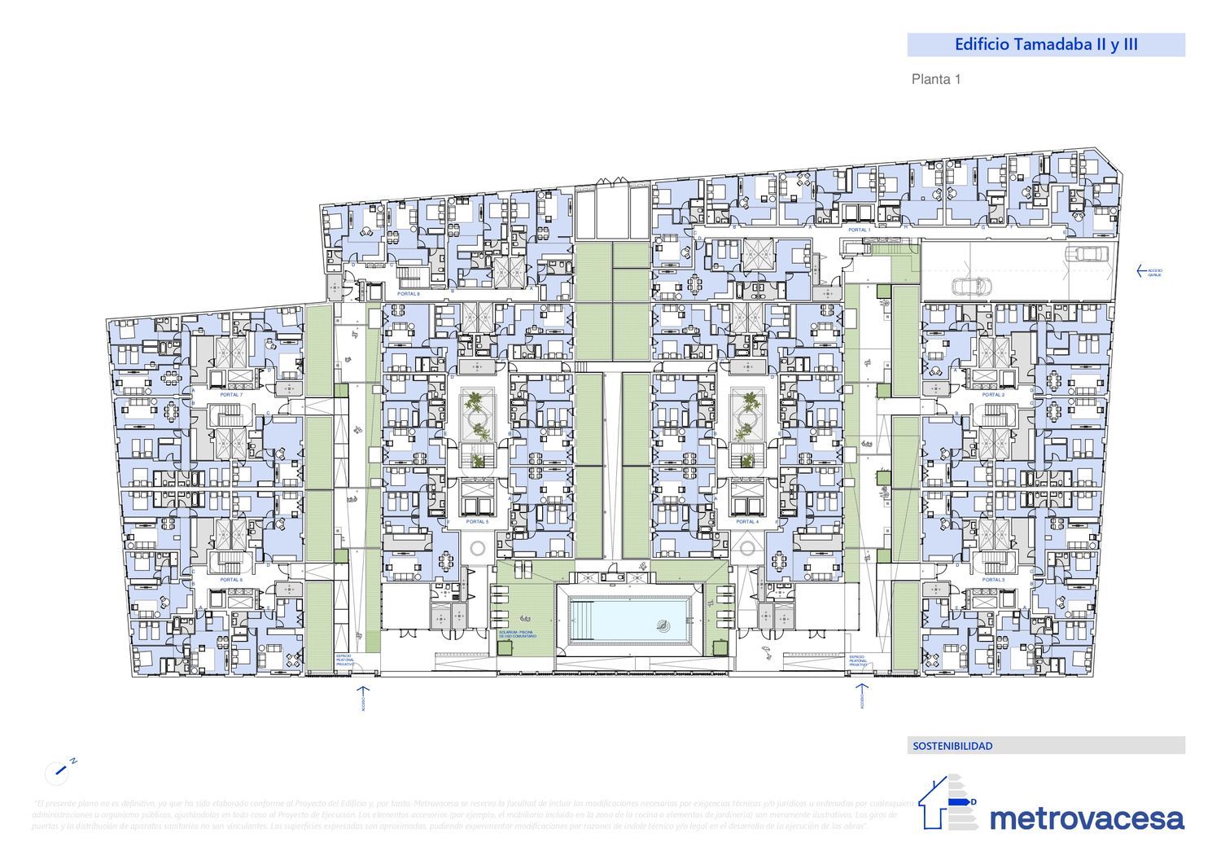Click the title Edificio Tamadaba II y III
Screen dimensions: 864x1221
pyautogui.click(x=1045, y=45)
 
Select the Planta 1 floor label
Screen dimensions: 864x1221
pyautogui.click(x=936, y=80)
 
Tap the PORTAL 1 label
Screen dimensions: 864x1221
pyautogui.click(x=859, y=230)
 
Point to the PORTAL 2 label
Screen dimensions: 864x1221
pyautogui.click(x=993, y=395)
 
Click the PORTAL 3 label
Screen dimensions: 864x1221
pyautogui.click(x=993, y=580)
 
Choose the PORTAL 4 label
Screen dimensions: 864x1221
pyautogui.click(x=746, y=522)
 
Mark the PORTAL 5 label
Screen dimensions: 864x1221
pyautogui.click(x=477, y=522)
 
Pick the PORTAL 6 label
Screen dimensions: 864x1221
pyautogui.click(x=231, y=580)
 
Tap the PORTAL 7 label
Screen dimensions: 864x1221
pyautogui.click(x=231, y=395)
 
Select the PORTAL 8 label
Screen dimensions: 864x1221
pyautogui.click(x=408, y=293)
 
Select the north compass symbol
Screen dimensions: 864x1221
pyautogui.click(x=58, y=770)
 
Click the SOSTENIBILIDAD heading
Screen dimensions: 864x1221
pyautogui.click(x=952, y=746)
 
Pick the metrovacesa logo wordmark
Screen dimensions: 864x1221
pyautogui.click(x=1087, y=818)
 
